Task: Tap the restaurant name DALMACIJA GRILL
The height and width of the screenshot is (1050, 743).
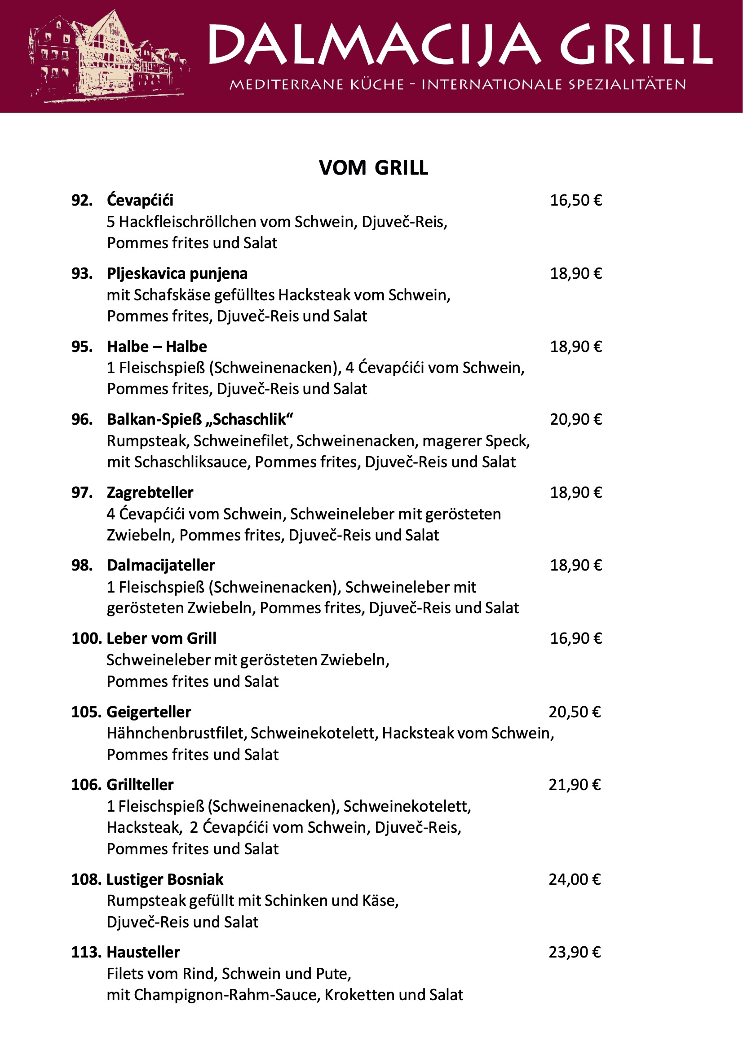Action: [460, 45]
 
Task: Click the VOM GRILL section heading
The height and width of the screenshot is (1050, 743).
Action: [373, 168]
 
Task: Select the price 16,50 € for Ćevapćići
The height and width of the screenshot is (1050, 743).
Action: [575, 200]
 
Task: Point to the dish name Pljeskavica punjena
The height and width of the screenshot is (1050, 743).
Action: [177, 273]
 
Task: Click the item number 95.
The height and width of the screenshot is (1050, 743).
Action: [82, 347]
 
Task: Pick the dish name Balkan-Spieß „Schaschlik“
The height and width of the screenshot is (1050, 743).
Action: [200, 419]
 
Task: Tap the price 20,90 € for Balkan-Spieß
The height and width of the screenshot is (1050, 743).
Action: [575, 419]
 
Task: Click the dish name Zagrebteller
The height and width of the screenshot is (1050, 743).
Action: [150, 492]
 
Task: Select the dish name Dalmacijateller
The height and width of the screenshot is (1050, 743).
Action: [160, 565]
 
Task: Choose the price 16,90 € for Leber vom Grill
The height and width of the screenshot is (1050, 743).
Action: [575, 638]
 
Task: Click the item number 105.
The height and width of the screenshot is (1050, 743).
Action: [86, 712]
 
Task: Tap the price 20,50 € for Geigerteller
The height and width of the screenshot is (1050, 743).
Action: [575, 712]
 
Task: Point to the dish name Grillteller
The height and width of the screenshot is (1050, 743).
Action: [140, 785]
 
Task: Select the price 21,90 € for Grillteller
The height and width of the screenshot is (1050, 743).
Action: [575, 785]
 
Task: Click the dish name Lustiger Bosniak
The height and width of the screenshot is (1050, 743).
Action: [165, 879]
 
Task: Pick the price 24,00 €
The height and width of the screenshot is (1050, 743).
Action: [575, 879]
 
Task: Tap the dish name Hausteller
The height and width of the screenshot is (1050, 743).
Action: [143, 952]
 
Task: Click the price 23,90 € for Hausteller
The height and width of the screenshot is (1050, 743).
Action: [575, 952]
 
